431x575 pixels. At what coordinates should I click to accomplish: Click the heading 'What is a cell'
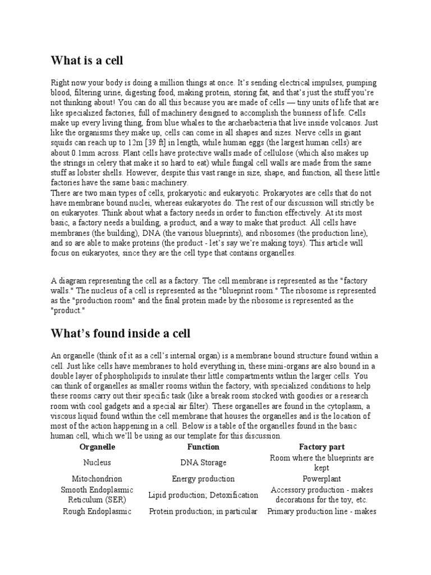(87, 60)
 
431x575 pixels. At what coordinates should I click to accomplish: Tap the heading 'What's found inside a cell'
(121, 334)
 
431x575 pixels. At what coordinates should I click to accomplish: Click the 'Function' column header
(203, 447)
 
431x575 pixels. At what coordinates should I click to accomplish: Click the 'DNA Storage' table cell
(203, 463)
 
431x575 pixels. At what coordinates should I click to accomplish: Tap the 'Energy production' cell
(203, 479)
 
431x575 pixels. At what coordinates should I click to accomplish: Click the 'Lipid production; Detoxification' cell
(203, 495)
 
